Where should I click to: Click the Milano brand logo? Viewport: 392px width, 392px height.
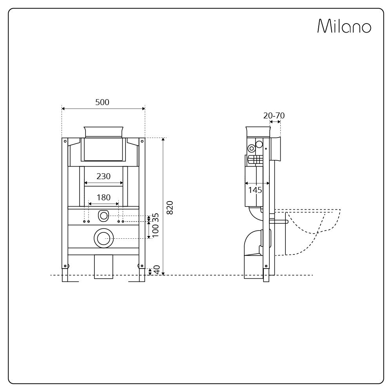[x=344, y=26]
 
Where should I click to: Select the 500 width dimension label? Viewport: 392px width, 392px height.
[x=102, y=102]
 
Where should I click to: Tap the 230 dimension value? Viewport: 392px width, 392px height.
[x=103, y=176]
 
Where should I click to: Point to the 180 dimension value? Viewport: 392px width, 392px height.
[x=103, y=198]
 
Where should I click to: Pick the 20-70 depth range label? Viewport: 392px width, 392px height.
[x=274, y=116]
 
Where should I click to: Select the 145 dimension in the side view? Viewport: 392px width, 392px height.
[x=255, y=190]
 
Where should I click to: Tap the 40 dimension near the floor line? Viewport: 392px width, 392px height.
[x=157, y=270]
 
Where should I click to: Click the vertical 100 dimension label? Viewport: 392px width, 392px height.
[x=156, y=231]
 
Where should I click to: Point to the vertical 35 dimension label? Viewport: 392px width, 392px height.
[x=156, y=217]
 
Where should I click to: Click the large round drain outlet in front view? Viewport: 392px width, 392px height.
[x=103, y=238]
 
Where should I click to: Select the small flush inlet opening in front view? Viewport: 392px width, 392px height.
[x=103, y=215]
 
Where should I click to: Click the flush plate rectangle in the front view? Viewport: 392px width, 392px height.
[x=103, y=149]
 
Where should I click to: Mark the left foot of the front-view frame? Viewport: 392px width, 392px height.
[x=65, y=274]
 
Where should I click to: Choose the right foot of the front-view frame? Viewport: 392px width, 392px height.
[x=142, y=274]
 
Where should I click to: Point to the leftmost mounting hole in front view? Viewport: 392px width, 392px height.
[x=84, y=221]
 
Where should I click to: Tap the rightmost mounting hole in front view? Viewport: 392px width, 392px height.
[x=123, y=221]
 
